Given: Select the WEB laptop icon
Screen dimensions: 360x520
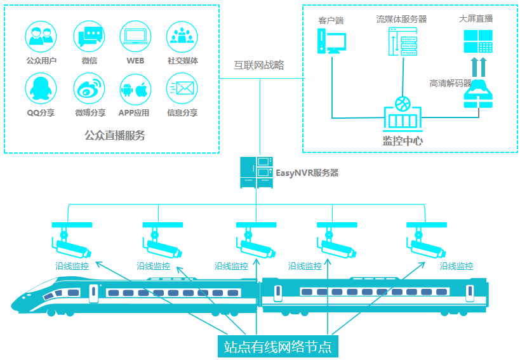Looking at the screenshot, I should point(135,37).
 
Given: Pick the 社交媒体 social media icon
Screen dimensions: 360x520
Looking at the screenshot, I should point(182,37).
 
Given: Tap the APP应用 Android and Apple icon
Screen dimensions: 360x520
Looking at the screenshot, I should point(135,89).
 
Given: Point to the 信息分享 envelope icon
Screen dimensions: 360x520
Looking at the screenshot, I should point(182,89).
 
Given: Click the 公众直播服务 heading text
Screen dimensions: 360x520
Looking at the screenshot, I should point(115,135).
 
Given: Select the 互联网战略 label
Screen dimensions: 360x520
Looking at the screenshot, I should point(259,65).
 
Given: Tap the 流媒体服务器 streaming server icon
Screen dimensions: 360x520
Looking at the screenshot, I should point(401,43).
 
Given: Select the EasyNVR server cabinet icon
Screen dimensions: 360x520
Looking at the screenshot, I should point(256,172).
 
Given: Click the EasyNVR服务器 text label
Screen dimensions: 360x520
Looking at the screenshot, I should point(307,173).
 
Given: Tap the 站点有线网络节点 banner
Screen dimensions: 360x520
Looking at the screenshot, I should point(277,346).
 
